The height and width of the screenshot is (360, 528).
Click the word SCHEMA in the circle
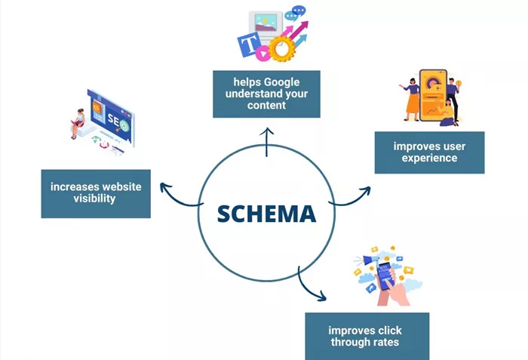(267, 214)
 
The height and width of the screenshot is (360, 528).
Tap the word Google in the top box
(281, 82)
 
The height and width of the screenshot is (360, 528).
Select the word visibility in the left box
(94, 198)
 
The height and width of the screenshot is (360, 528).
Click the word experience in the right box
(429, 158)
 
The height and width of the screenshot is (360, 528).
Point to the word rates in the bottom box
(385, 342)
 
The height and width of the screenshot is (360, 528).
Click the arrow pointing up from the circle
(266, 142)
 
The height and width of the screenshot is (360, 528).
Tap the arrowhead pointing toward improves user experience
(367, 191)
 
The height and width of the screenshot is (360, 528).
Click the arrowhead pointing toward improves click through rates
(322, 296)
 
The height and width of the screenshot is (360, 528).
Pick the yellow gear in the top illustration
(280, 49)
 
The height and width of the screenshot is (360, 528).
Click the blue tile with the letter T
(250, 44)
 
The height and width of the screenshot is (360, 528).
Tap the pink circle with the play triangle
(262, 54)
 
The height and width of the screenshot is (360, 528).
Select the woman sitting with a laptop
(78, 123)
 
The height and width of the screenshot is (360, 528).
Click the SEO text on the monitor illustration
(115, 120)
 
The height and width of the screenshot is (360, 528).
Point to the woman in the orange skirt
(411, 100)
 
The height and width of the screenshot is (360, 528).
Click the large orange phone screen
(434, 95)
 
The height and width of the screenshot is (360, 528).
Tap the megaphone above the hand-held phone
(370, 260)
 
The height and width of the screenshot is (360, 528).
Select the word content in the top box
(266, 105)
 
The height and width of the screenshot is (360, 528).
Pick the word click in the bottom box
(390, 331)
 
